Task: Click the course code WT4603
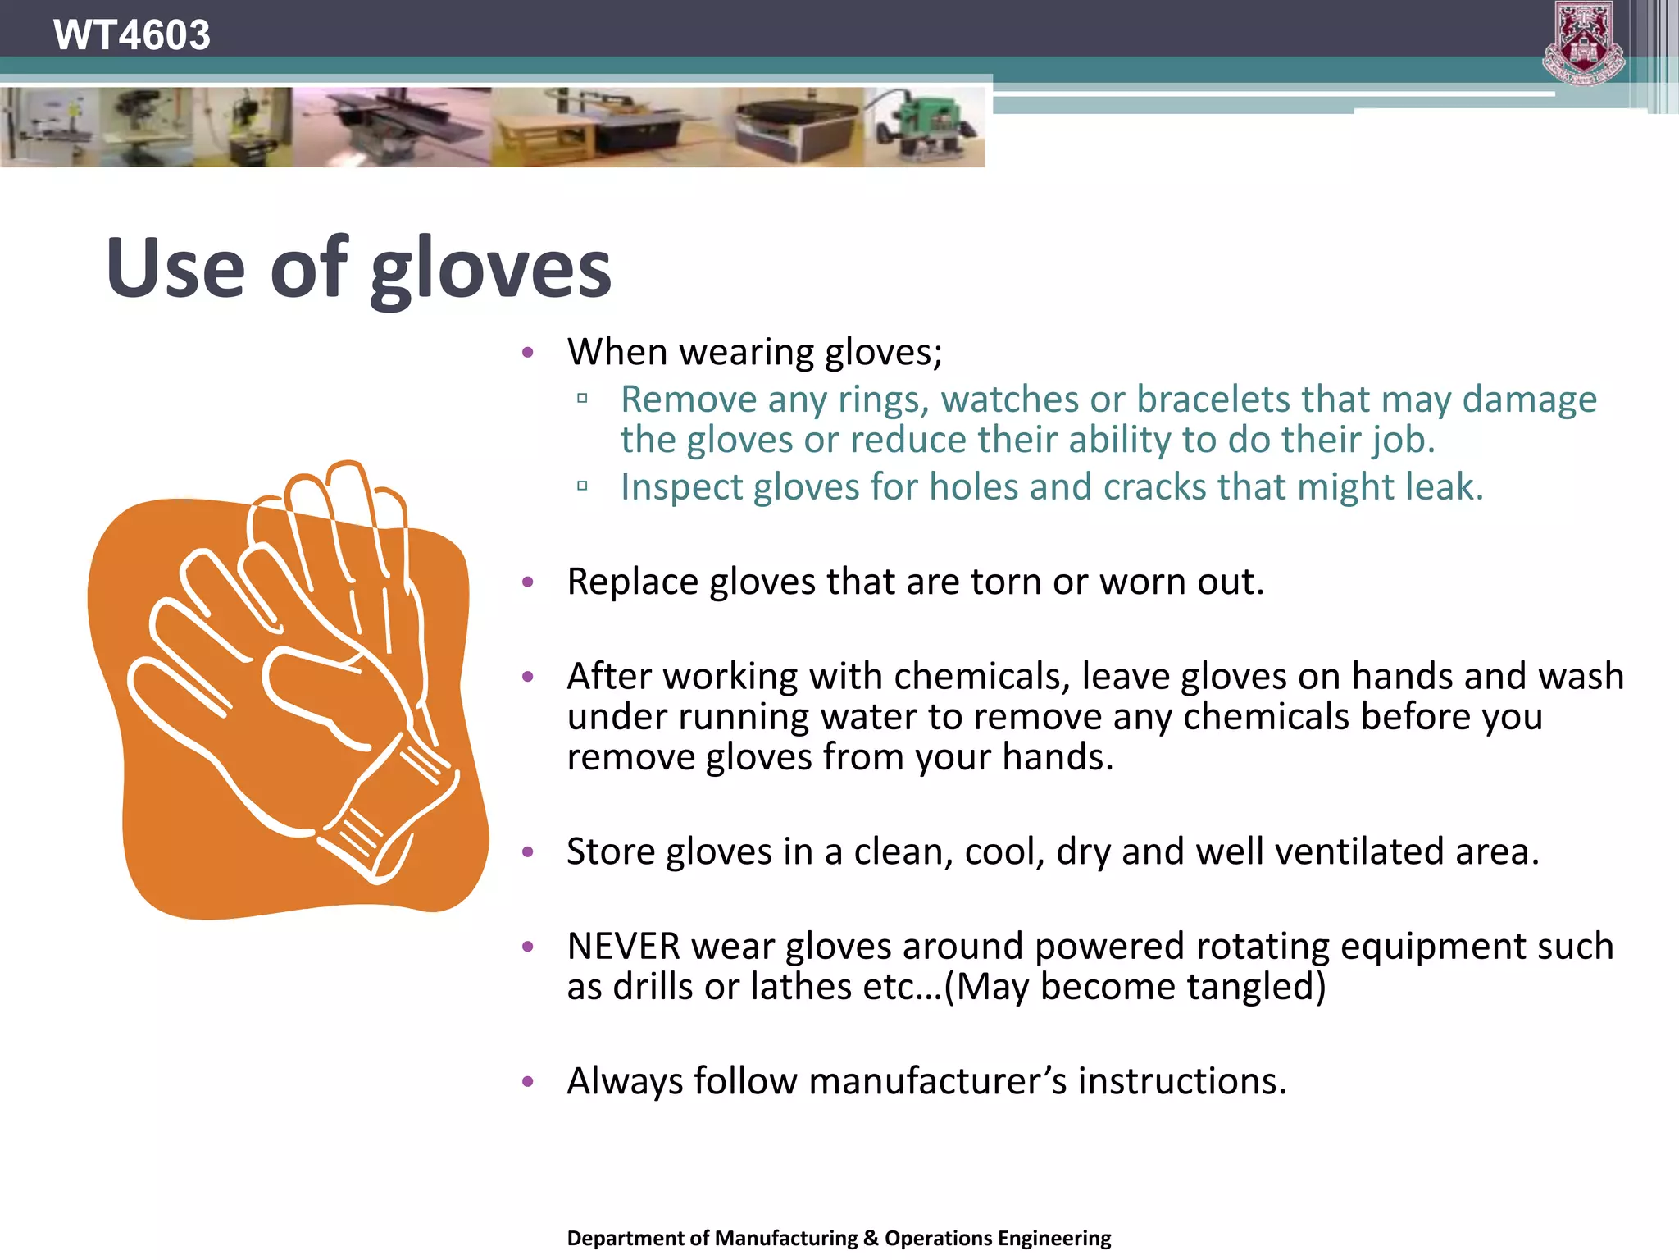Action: pos(131,35)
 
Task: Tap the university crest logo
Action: pos(1584,43)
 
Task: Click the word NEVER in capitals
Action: pos(623,947)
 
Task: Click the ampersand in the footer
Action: pos(871,1238)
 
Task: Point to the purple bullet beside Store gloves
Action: pos(528,852)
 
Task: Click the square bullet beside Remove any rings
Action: pos(582,399)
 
